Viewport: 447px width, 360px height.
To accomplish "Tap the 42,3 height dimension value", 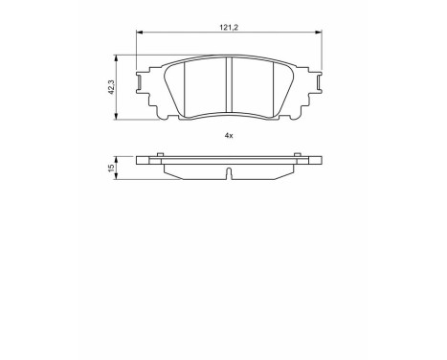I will coord(113,87).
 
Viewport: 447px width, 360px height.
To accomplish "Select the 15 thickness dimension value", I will coord(113,168).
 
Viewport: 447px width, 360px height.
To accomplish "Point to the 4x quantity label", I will coord(229,136).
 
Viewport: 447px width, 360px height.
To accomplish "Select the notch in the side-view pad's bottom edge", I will coord(230,173).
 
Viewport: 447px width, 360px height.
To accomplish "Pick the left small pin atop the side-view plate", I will coord(159,155).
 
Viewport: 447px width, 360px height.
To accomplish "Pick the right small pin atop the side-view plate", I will coord(300,155).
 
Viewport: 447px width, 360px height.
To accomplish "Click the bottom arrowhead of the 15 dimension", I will coord(119,178).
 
